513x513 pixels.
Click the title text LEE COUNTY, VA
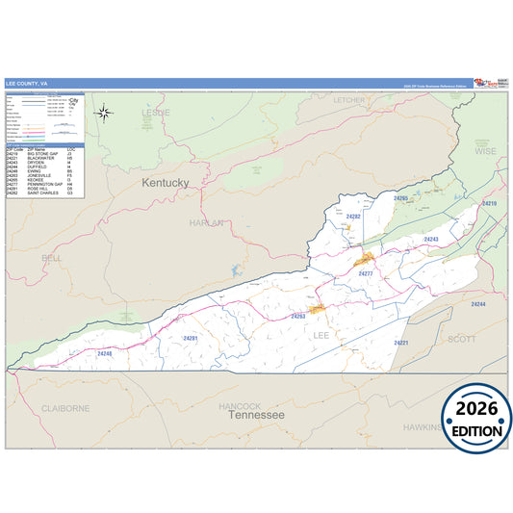[25, 84]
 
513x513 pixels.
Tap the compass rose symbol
[104, 112]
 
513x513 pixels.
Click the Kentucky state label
[166, 182]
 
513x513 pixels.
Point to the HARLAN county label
[206, 222]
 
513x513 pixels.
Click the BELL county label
[52, 258]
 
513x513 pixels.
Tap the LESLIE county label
[156, 112]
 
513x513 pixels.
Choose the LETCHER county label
[349, 99]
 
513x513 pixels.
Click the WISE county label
[485, 151]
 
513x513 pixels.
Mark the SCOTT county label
[462, 338]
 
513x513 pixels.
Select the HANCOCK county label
[240, 405]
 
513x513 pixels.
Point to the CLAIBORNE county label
[65, 408]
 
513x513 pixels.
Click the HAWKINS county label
[420, 426]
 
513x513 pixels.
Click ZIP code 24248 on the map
[104, 353]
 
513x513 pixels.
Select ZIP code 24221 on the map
[401, 343]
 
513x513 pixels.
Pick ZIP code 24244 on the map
[478, 304]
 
